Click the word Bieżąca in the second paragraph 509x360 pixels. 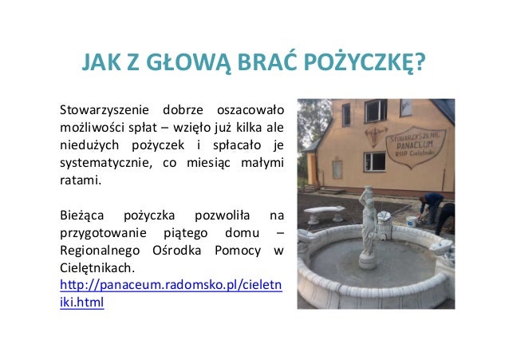(83, 216)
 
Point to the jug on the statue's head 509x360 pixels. (367, 192)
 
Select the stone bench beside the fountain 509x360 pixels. (325, 215)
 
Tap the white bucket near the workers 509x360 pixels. (411, 221)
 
